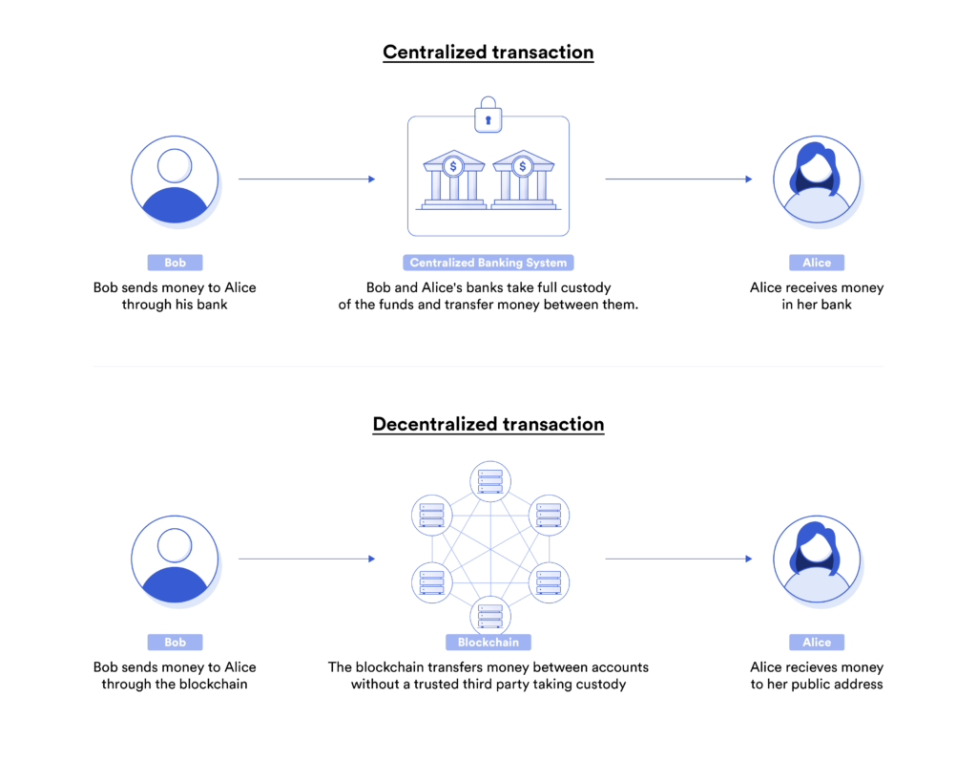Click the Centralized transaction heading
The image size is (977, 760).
click(x=488, y=52)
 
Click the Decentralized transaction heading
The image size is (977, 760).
click(x=488, y=424)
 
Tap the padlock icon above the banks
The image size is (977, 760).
click(x=488, y=115)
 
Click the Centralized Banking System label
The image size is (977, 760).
click(x=488, y=263)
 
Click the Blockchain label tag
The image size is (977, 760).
click(x=488, y=643)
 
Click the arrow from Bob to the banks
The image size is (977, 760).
click(x=306, y=179)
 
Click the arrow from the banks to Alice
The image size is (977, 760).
click(x=678, y=179)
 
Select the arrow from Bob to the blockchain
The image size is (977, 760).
click(x=306, y=559)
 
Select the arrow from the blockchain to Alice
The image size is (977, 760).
click(x=678, y=559)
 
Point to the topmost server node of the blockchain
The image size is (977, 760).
click(x=488, y=481)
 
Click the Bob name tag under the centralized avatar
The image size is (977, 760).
click(x=175, y=263)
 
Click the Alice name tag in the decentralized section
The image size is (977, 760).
click(x=817, y=643)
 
